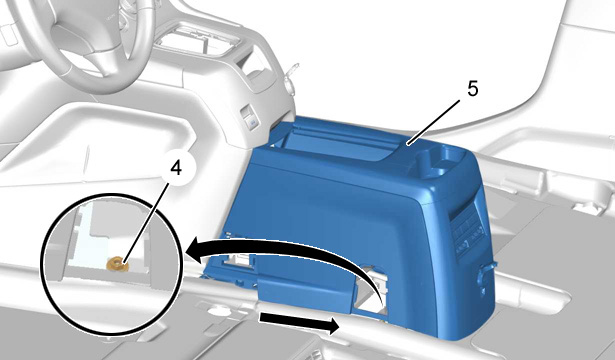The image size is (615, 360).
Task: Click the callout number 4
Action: point(176,169)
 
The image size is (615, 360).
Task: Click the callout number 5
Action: point(473,89)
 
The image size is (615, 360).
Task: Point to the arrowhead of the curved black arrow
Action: point(196,252)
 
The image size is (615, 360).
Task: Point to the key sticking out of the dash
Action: point(291,76)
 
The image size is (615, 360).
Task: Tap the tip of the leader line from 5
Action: point(408,145)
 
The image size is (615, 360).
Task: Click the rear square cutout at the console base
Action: point(373,290)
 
